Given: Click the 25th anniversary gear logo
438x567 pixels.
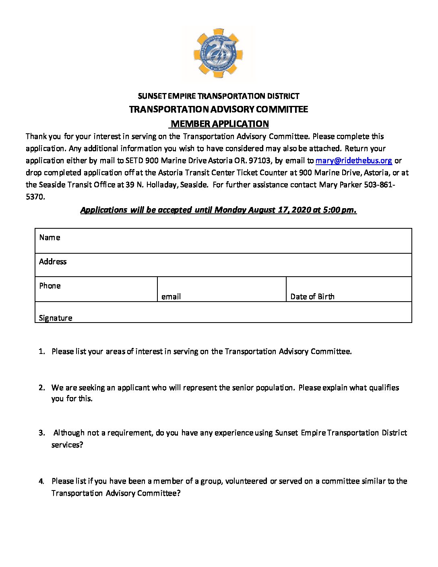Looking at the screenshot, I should click(x=219, y=53).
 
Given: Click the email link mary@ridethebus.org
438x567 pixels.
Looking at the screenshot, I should click(x=353, y=160).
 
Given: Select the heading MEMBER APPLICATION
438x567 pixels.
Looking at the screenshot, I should click(x=219, y=124).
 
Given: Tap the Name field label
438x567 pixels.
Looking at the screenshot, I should click(x=50, y=238).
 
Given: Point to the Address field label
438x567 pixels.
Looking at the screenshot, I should click(x=53, y=262).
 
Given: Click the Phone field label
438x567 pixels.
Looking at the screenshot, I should click(x=50, y=286).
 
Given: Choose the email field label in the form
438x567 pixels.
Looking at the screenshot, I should click(x=171, y=297).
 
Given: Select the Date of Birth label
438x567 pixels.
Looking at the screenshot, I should click(x=312, y=297).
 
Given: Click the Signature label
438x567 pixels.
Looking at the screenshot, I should click(x=56, y=318).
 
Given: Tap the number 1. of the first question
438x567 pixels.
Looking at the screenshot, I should click(x=42, y=352).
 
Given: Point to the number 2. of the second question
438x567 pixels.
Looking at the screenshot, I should click(x=42, y=388).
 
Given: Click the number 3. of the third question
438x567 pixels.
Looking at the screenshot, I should click(x=42, y=433).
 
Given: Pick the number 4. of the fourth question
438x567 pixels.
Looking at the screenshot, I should click(x=42, y=481).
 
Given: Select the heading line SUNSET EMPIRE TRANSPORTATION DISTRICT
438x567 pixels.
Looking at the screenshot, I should click(x=219, y=96).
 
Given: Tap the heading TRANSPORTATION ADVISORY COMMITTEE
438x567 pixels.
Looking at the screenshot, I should click(x=219, y=110).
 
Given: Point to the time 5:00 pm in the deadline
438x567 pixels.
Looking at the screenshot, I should click(x=339, y=210).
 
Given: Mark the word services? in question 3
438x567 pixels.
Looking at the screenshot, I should click(x=67, y=445).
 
